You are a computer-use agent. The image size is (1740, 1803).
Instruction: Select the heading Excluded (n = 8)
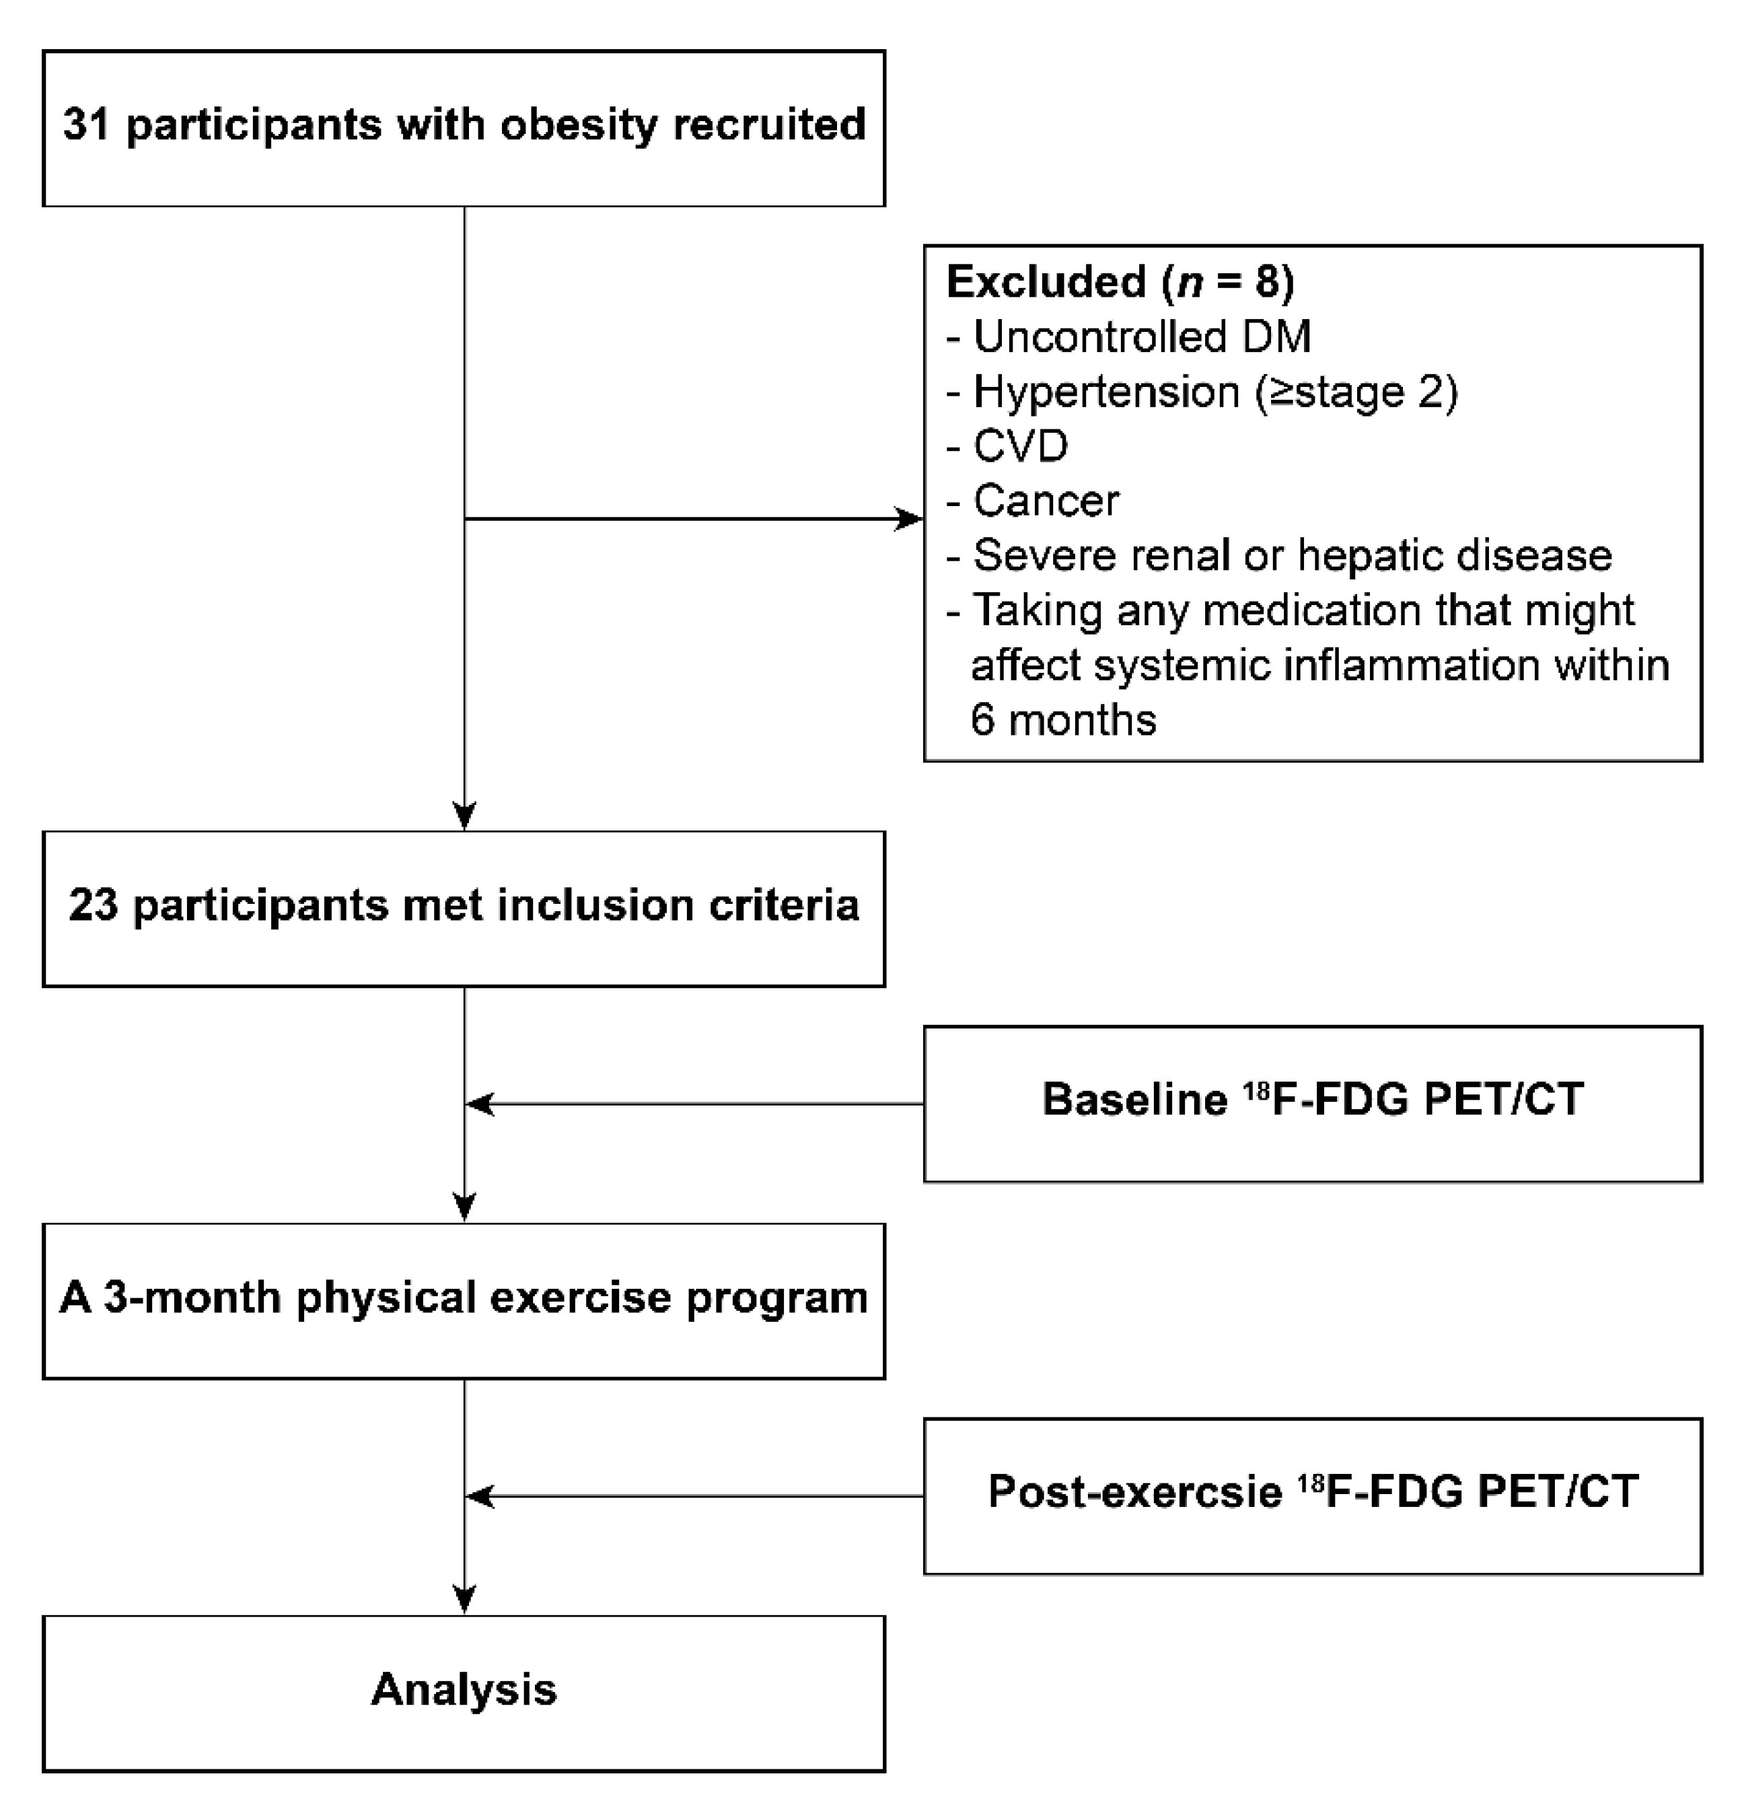click(x=1120, y=281)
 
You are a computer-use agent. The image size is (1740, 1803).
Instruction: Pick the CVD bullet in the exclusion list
click(x=1019, y=447)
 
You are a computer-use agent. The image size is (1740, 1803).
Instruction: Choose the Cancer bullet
click(x=1045, y=501)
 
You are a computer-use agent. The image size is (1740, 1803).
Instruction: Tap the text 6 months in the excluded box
click(x=1063, y=719)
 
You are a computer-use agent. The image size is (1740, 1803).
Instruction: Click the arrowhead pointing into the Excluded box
click(x=908, y=520)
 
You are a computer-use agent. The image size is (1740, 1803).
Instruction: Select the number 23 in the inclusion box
click(x=93, y=905)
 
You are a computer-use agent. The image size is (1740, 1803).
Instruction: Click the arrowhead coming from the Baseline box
click(x=480, y=1104)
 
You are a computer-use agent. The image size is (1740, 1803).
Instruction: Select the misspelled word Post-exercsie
click(x=1135, y=1491)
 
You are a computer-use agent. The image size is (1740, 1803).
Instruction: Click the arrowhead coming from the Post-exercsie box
click(x=480, y=1497)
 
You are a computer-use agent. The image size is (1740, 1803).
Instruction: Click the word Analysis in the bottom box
click(x=464, y=1690)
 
